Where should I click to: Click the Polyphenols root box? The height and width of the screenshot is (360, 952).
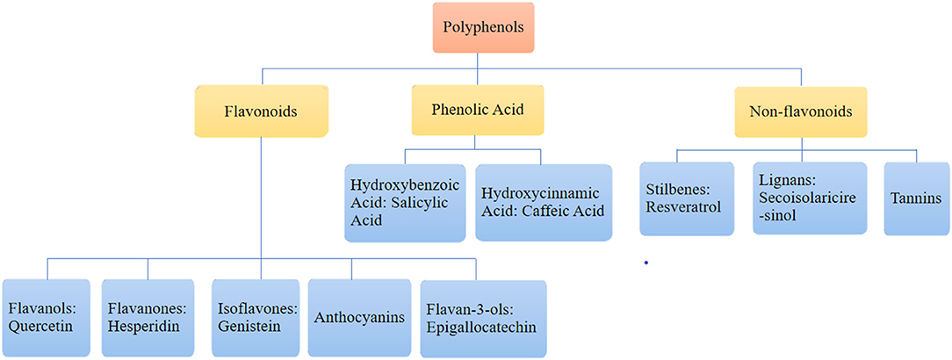477,28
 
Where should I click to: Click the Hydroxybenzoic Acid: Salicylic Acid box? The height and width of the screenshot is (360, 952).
405,203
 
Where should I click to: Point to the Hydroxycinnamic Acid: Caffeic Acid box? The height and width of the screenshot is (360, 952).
544,202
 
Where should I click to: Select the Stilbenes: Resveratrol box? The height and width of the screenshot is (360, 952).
683,198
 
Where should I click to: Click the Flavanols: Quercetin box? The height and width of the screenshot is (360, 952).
47,317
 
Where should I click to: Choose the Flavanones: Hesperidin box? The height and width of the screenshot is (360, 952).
148,317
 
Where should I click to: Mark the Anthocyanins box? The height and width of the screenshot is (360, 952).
358,317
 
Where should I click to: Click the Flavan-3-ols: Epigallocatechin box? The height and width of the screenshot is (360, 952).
482,319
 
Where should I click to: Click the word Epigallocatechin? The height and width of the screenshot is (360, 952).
482,328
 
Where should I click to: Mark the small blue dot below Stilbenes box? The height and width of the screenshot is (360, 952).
645,262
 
